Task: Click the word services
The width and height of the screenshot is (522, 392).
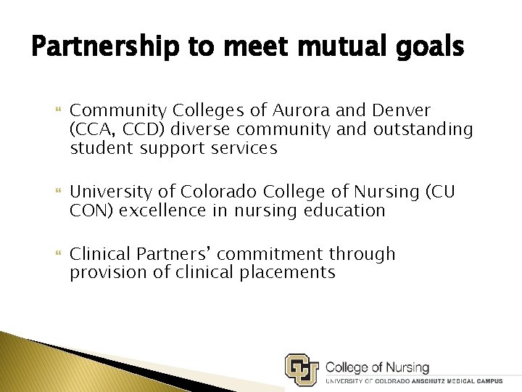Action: pos(243,148)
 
